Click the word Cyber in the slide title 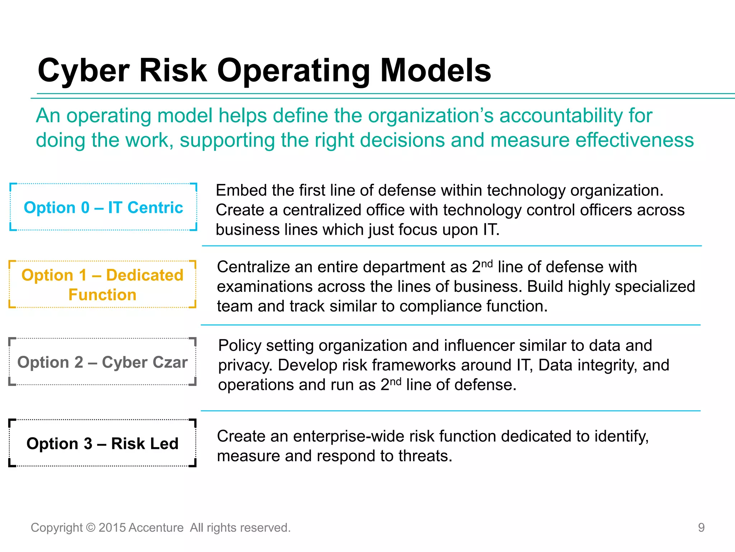point(83,71)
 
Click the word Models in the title point(435,71)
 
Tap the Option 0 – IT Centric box point(103,207)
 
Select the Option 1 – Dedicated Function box point(103,285)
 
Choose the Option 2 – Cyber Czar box point(103,362)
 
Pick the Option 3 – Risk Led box point(103,443)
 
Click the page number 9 point(701,528)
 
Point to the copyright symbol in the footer point(91,528)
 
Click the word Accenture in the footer point(156,528)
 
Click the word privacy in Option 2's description point(245,365)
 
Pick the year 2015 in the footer point(112,528)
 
